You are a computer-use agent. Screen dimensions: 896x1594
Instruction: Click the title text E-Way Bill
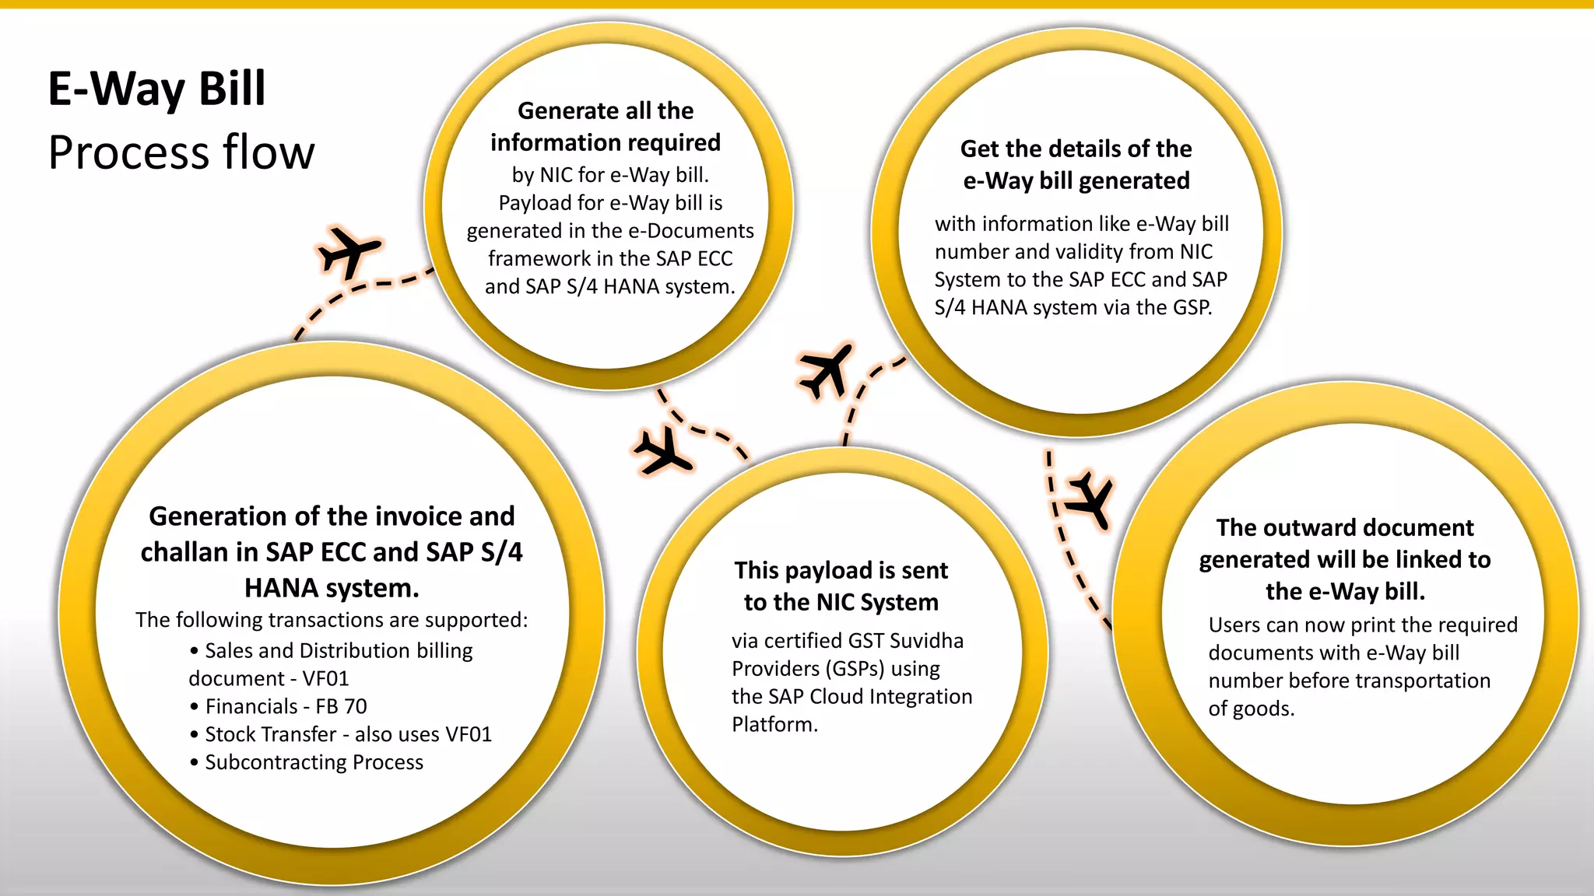pyautogui.click(x=156, y=89)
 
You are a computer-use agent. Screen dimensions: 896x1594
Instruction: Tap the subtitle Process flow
pyautogui.click(x=181, y=152)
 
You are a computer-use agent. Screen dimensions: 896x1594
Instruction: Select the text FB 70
pyautogui.click(x=341, y=706)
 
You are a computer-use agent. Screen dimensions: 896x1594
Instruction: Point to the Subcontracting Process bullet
pyautogui.click(x=314, y=762)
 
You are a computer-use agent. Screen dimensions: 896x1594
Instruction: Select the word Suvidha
pyautogui.click(x=926, y=641)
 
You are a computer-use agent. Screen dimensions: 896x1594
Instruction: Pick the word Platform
pyautogui.click(x=774, y=725)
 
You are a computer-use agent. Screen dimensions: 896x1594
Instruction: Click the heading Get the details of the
pyautogui.click(x=1076, y=149)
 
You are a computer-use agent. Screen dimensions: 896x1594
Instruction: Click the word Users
pyautogui.click(x=1234, y=625)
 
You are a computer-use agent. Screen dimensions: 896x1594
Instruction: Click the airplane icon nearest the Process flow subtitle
pyautogui.click(x=348, y=250)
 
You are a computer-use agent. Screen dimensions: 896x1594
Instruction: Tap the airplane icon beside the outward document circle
pyautogui.click(x=1090, y=499)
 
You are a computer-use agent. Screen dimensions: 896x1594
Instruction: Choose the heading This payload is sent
pyautogui.click(x=841, y=571)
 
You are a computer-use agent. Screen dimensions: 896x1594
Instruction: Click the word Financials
pyautogui.click(x=251, y=706)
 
